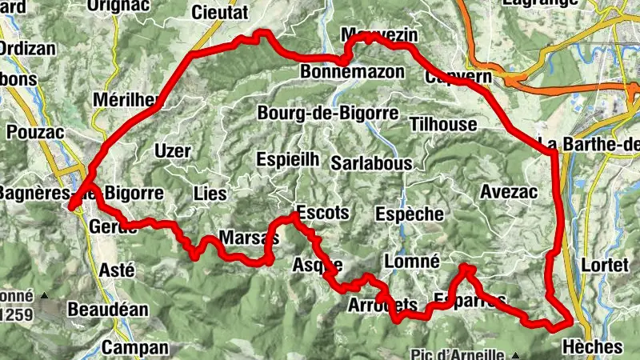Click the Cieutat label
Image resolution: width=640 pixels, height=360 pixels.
[220, 12]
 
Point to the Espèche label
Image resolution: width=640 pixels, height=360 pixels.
[409, 214]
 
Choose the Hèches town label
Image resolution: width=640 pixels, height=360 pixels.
[592, 347]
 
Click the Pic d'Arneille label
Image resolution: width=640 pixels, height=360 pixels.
[458, 354]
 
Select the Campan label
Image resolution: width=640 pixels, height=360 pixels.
[136, 347]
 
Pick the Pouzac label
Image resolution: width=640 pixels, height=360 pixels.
[34, 129]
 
